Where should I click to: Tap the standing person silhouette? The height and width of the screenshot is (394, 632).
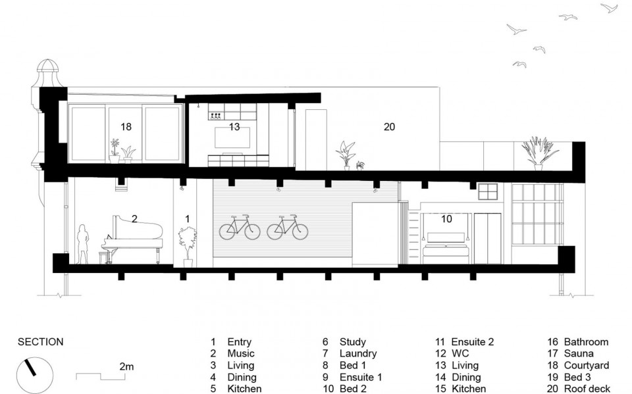tap(83, 244)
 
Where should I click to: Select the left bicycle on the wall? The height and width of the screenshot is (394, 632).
tap(240, 228)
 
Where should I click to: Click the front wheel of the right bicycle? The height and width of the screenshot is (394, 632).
tap(299, 231)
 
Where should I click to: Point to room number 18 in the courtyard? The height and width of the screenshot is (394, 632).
tap(126, 127)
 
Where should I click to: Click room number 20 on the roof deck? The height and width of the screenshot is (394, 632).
tap(389, 127)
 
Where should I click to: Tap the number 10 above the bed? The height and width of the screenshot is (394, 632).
tap(446, 219)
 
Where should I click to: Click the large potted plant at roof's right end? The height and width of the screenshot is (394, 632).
tap(539, 153)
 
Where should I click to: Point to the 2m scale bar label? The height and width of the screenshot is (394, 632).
tap(126, 367)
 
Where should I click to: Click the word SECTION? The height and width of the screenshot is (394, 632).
tap(40, 342)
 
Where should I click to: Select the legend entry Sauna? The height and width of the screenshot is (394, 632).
tap(579, 354)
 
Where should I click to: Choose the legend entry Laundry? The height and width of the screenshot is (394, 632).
tap(358, 354)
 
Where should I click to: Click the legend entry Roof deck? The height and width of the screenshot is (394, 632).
tap(587, 389)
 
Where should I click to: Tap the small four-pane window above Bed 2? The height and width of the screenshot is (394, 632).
tap(488, 191)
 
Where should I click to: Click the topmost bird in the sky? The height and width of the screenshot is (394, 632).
tap(610, 8)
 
